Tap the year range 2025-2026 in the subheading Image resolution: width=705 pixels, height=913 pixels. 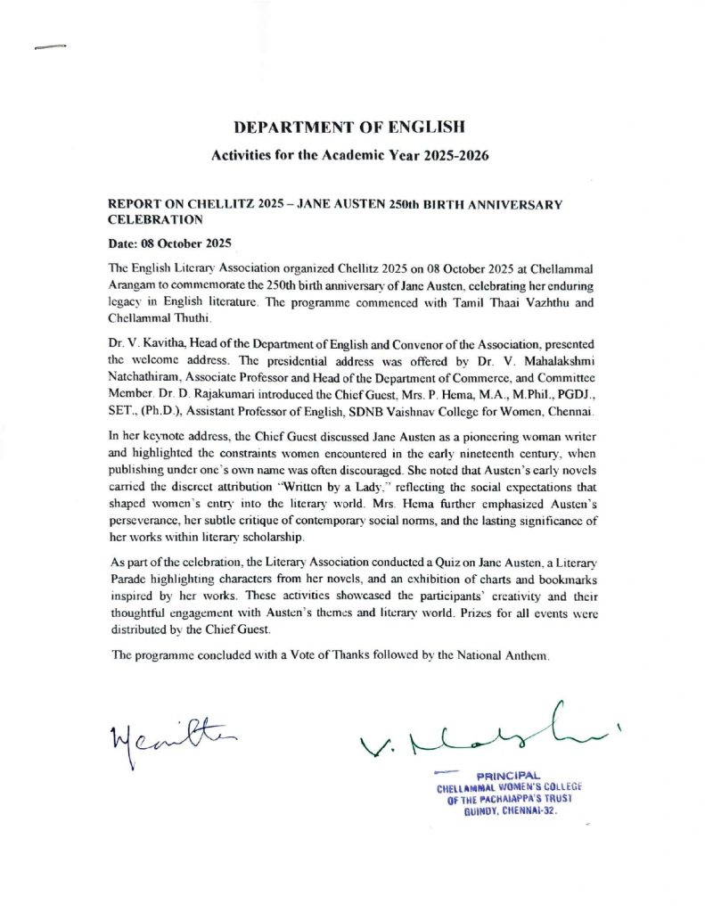[450, 155]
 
